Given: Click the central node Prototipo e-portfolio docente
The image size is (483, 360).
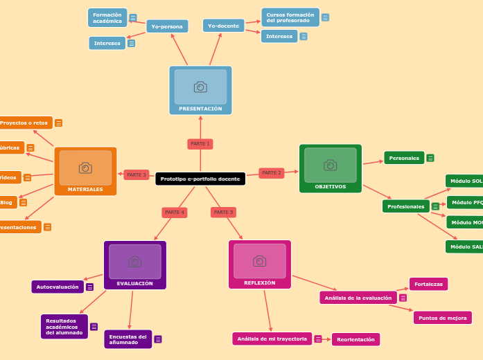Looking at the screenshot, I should coord(200,179).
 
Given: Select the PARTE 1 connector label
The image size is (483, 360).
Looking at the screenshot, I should coord(200,144).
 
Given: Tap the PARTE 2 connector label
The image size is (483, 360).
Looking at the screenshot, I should coord(272,173).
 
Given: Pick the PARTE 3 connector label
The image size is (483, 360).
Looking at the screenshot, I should coord(137,175).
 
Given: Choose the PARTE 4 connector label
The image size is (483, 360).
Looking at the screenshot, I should coord(175,213).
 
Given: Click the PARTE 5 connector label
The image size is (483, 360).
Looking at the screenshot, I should coord(223,213).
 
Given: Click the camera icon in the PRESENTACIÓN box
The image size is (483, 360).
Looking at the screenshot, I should coord(200,87).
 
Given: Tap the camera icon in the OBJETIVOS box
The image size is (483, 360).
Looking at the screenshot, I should coord(331,165).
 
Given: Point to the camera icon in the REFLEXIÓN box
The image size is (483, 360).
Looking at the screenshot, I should coord(260,261).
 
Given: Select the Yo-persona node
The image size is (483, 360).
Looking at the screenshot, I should coord(167,26).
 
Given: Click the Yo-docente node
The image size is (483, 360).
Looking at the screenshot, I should coord(224,26).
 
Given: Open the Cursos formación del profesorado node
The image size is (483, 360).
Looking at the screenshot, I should coord(290,17).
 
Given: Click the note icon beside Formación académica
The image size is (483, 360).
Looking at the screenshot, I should coord(133,18).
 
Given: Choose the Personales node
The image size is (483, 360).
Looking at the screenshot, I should coord(404,158).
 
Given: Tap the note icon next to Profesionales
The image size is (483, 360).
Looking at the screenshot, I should coord(435,206).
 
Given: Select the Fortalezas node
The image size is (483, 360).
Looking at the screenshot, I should coord(428,284).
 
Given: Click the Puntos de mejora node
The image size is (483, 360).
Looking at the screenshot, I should coord(442,318).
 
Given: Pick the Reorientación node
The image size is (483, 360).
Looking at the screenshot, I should coord(355,339).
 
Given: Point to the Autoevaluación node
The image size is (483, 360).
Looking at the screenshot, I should coord(58,287).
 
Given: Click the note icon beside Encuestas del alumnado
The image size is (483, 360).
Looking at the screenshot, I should coord(158,339).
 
